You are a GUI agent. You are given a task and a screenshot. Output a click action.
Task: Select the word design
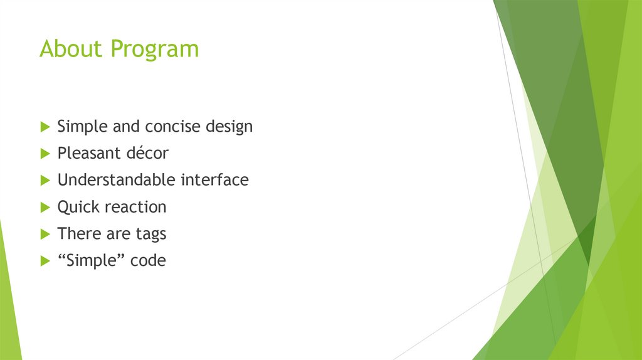coord(229,127)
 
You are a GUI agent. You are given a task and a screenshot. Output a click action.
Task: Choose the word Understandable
coord(117,180)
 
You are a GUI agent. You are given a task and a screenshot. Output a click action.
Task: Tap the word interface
coord(215,180)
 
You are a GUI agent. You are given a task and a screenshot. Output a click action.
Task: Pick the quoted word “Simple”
coord(91,261)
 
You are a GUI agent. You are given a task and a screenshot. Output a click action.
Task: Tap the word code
coord(148,261)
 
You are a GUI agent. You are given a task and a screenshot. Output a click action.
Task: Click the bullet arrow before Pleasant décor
coord(45,153)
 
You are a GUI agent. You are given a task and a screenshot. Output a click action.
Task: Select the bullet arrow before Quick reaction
coord(45,207)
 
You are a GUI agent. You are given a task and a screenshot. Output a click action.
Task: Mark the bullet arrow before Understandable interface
coord(45,180)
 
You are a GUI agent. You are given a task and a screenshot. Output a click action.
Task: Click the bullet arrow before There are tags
coord(45,234)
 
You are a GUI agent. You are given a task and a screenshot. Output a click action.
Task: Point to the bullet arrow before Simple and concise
coord(45,127)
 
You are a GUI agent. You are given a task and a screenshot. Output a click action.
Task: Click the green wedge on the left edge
coord(8,301)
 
